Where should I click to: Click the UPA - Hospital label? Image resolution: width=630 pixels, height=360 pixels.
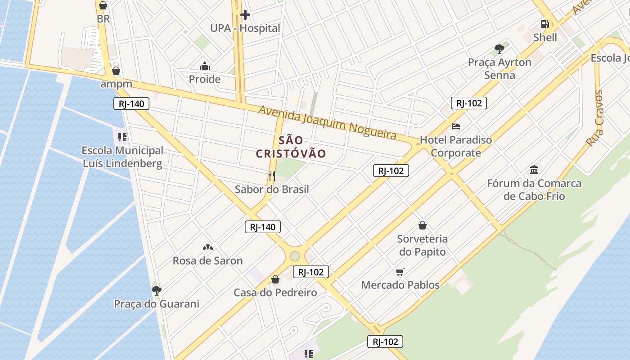(245, 28)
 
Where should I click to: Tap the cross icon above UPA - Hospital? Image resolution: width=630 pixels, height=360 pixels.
(245, 15)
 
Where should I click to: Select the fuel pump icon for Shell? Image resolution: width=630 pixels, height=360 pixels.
(545, 24)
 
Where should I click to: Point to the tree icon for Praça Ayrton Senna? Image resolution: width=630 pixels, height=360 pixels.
(499, 49)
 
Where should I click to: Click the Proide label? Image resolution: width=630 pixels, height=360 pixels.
(205, 79)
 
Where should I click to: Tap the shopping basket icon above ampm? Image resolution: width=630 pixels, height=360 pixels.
(116, 71)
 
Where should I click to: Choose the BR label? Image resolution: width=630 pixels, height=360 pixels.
(103, 19)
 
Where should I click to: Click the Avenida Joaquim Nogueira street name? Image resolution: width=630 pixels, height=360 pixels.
(328, 122)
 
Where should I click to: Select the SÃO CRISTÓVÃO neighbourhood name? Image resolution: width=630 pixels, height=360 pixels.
(291, 147)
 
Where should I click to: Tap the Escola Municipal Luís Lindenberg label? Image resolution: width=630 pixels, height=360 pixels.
(122, 157)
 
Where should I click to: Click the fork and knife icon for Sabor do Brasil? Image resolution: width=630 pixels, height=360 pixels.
(271, 176)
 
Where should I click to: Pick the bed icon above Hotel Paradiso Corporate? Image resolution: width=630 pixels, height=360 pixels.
(456, 126)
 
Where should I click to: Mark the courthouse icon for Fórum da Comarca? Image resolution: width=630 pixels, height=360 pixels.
(534, 170)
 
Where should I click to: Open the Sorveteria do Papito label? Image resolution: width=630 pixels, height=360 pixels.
(422, 245)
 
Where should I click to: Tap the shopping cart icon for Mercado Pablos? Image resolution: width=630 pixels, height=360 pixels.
(400, 272)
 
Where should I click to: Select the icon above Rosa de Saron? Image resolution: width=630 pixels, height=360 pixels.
(207, 247)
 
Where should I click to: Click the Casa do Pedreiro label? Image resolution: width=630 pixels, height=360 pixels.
(275, 292)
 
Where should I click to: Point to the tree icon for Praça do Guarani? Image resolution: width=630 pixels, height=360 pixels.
(156, 291)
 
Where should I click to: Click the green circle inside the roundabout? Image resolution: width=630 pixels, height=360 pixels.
(295, 256)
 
